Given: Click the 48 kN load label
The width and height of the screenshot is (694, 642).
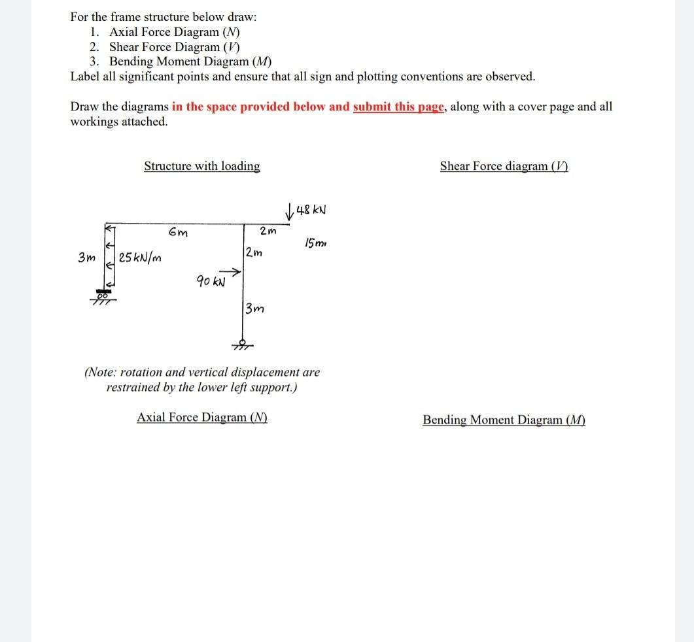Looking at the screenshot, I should point(311,211).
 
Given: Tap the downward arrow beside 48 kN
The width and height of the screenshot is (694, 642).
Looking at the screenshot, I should point(289,211).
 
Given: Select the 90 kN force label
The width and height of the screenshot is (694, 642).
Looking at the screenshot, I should point(210,282).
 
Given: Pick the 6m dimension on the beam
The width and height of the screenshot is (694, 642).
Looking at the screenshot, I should point(177,231).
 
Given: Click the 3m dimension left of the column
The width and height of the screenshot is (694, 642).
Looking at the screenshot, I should point(85,258).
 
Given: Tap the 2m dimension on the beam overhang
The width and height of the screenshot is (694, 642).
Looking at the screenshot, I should point(268,231).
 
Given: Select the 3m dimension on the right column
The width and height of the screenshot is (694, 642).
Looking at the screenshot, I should point(255,308).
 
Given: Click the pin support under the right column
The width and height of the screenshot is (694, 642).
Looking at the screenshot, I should point(242,344).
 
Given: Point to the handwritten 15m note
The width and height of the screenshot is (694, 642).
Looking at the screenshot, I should point(315,244).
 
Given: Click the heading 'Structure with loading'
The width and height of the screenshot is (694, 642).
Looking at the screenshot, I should point(201,166).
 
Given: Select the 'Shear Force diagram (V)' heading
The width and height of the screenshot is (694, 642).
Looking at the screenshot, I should point(504,166).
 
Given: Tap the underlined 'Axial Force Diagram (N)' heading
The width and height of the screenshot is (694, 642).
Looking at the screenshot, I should point(201,417).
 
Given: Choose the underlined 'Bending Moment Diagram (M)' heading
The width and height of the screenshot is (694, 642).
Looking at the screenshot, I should point(504,420).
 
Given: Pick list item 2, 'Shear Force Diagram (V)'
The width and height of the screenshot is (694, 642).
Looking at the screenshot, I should point(174,47).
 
